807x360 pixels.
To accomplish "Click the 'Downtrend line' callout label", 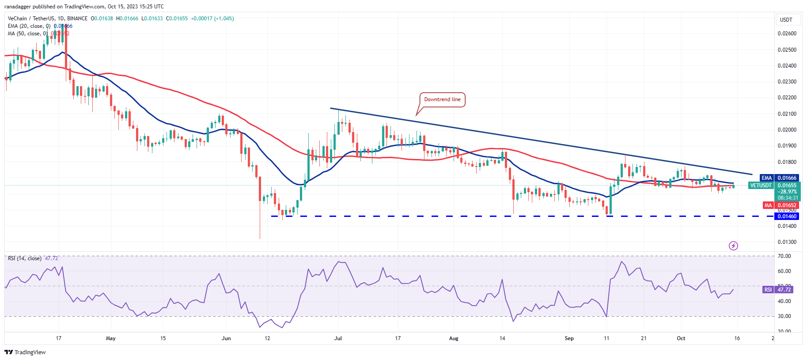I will point(442,99).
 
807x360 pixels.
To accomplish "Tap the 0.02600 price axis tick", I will point(787,34).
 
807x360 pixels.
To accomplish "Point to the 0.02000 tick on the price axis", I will point(787,130).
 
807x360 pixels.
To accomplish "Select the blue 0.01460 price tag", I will point(787,216).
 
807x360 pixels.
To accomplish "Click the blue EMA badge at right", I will point(767,178).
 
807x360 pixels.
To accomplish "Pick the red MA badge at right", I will point(768,205).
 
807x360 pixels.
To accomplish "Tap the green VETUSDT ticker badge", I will point(761,186).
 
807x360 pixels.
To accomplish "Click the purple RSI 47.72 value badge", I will point(784,290).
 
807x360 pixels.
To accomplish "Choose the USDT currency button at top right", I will point(786,20).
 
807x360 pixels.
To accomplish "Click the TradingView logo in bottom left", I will point(25,352).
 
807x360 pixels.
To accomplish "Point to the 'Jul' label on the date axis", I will point(338,338).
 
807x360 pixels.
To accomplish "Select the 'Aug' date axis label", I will point(454,338).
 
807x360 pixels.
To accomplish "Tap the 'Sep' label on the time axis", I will point(569,338).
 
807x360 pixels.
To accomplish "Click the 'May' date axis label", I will point(111,338).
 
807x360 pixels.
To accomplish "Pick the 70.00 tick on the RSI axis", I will point(784,256).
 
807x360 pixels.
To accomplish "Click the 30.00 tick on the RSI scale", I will point(784,316).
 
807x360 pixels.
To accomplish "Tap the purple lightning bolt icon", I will point(733,246).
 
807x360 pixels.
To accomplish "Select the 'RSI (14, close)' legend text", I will point(25,258).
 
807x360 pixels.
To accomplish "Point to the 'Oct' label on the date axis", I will point(681,338).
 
